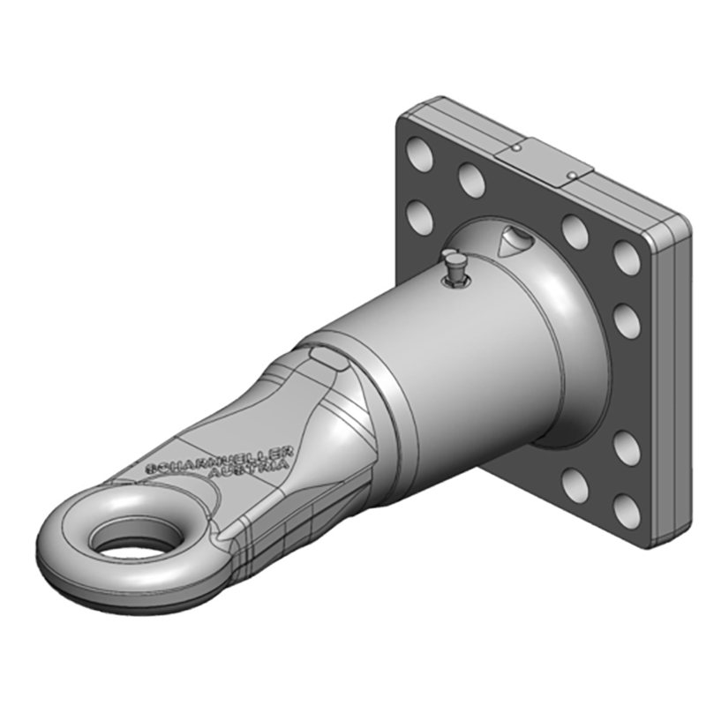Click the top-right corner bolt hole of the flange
point(627,256)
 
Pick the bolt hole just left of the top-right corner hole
point(576,231)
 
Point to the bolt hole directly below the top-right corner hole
point(627,320)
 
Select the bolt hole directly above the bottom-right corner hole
point(627,448)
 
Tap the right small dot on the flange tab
point(574,175)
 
